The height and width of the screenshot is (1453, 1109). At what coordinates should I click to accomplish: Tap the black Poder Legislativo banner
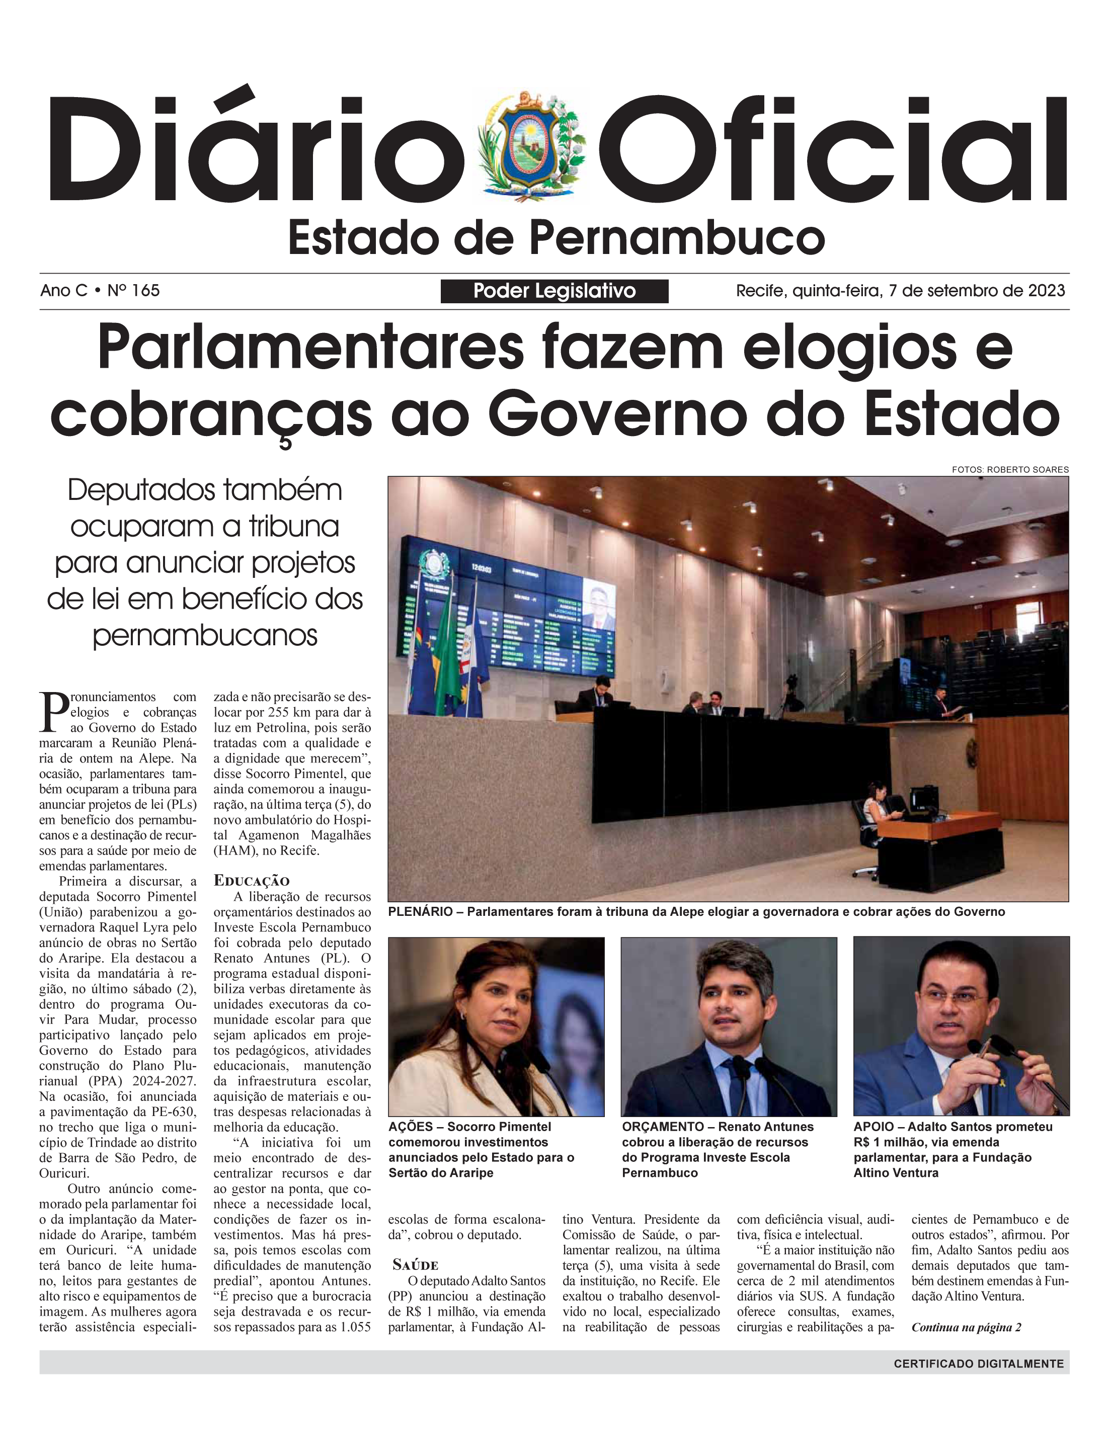pyautogui.click(x=554, y=291)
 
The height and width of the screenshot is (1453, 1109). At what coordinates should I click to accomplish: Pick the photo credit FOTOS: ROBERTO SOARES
pyautogui.click(x=1009, y=470)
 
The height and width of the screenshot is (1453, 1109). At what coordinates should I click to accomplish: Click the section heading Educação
pyautogui.click(x=252, y=880)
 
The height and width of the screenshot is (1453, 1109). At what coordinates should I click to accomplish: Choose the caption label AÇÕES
pyautogui.click(x=411, y=1127)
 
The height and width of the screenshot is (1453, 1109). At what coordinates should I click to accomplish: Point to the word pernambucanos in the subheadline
pyautogui.click(x=205, y=635)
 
